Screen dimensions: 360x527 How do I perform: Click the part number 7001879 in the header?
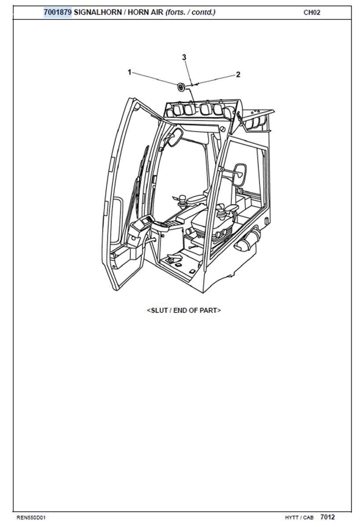[x=58, y=12]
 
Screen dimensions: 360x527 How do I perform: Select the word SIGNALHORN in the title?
[x=98, y=12]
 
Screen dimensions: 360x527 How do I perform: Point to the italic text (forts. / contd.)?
[x=190, y=12]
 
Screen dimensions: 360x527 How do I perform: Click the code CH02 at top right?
[x=312, y=13]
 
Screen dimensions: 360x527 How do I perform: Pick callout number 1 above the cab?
[x=130, y=72]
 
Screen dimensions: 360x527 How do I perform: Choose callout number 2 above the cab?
[x=238, y=74]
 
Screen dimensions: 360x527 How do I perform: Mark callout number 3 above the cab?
[x=184, y=58]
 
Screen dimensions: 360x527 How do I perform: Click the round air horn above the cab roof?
[x=181, y=87]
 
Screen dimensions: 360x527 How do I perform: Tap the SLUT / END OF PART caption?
[x=184, y=310]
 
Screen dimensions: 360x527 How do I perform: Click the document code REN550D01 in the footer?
[x=31, y=518]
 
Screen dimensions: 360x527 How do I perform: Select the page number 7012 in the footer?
[x=327, y=517]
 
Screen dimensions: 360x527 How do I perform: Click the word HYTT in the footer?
[x=292, y=518]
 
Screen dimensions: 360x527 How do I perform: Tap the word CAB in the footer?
[x=308, y=518]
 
